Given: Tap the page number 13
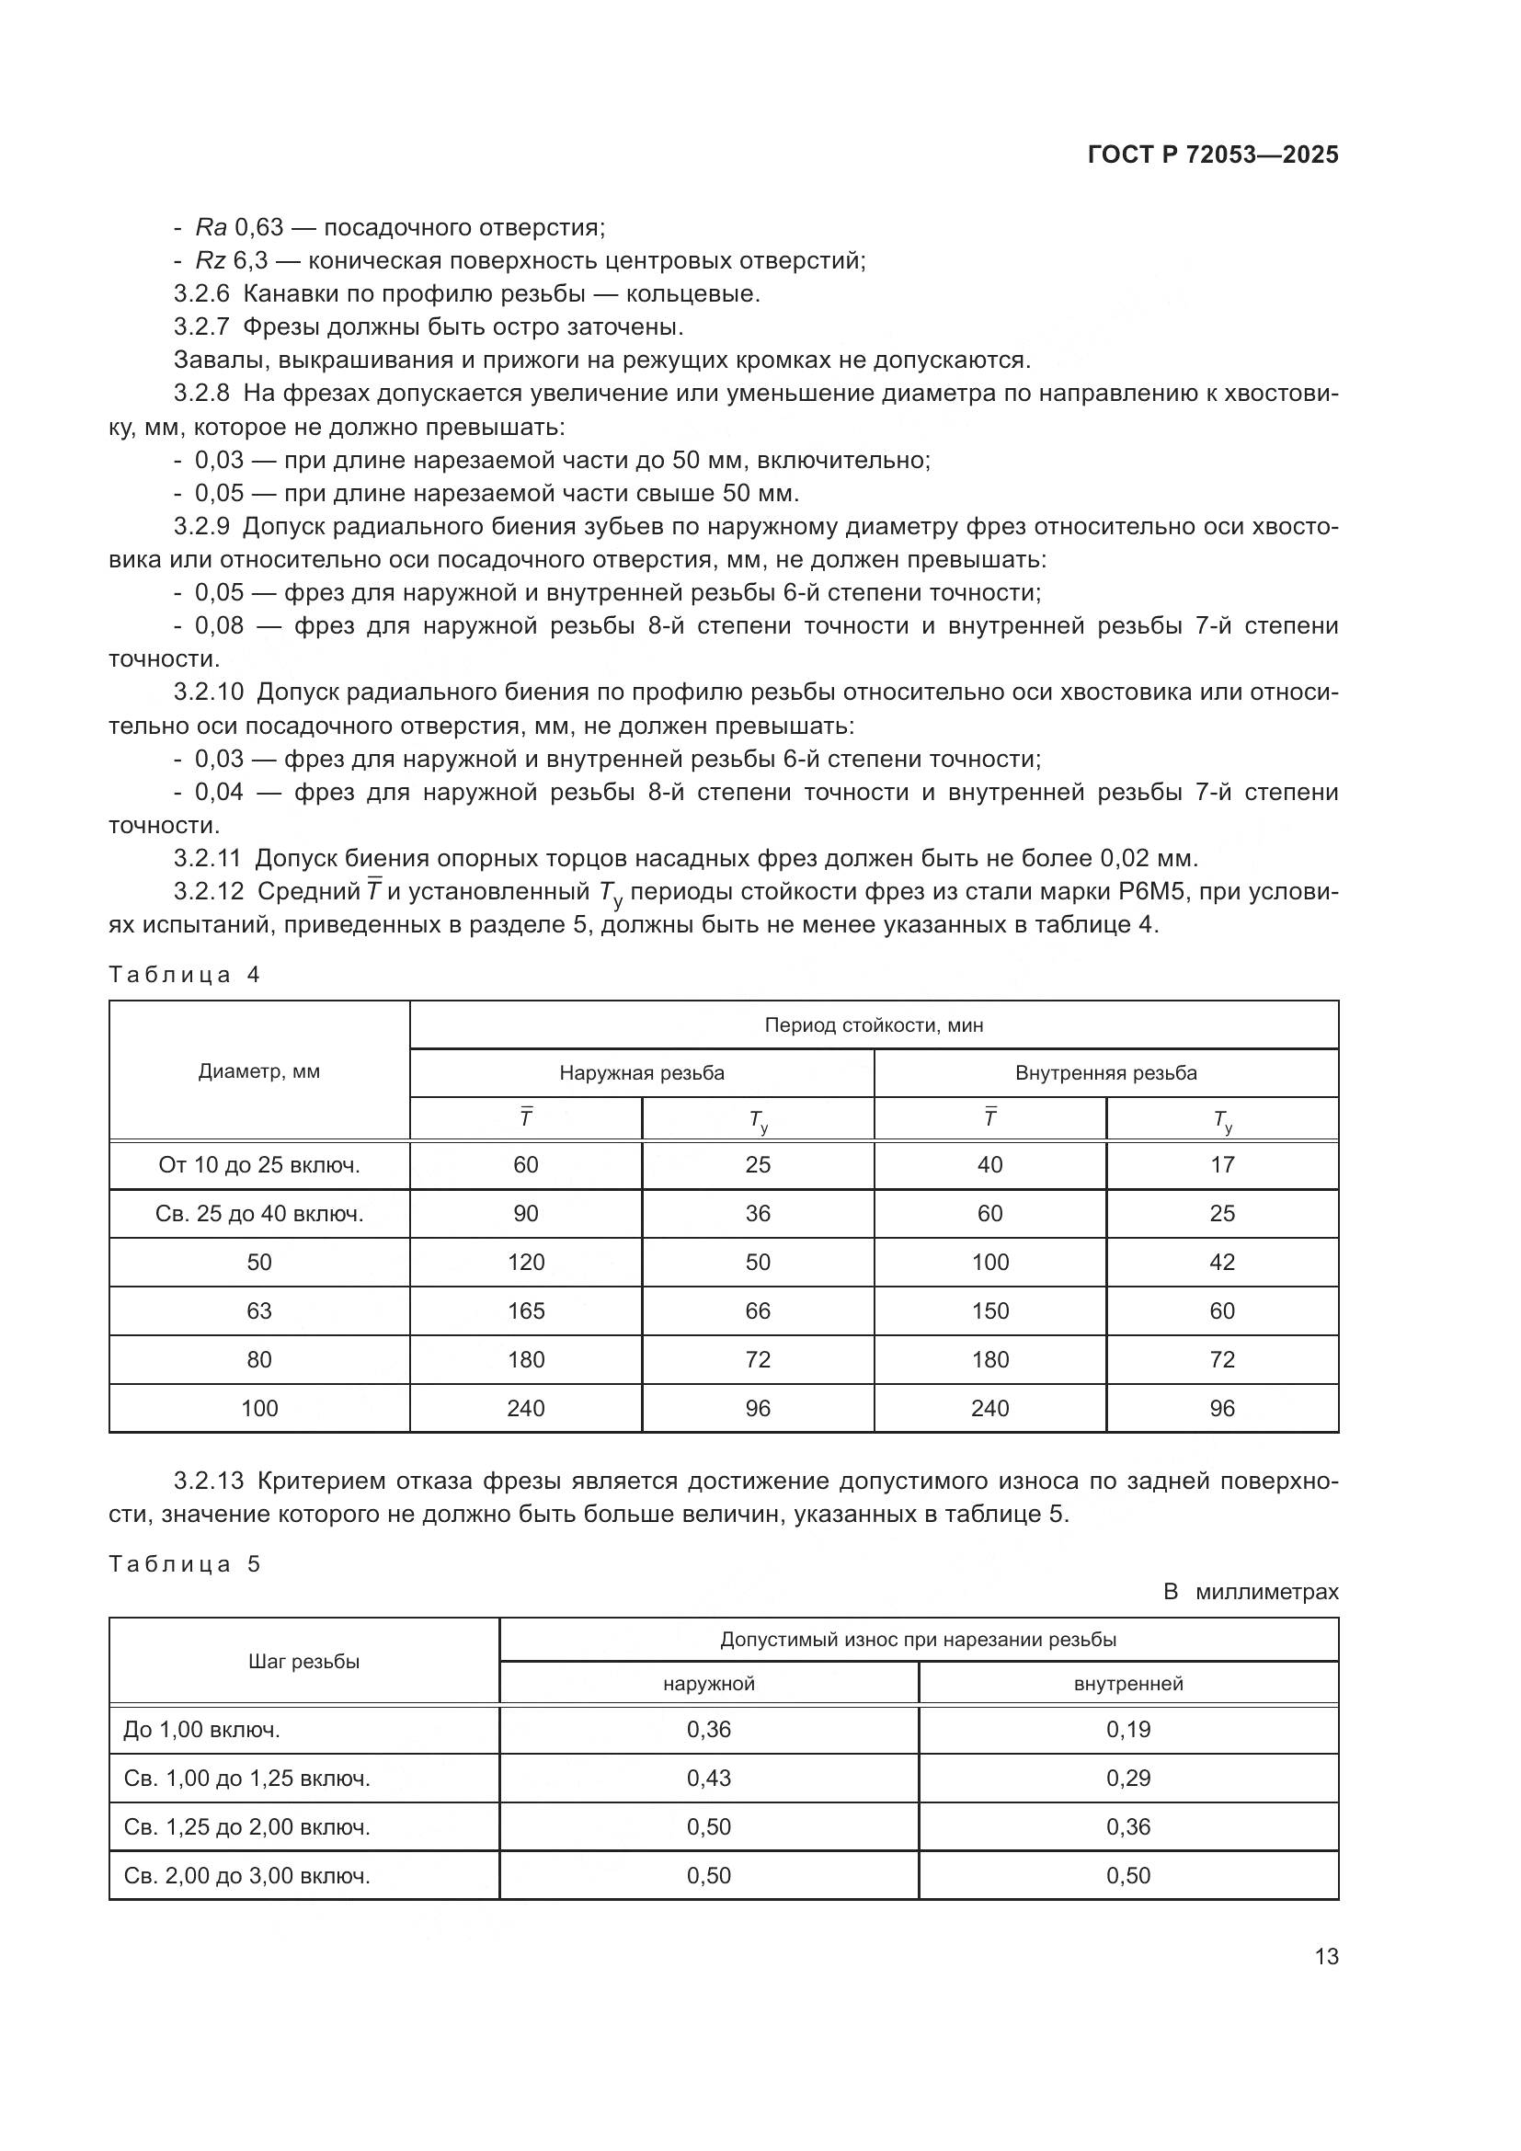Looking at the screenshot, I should (1326, 1956).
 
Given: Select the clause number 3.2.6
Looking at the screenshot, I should (200, 294).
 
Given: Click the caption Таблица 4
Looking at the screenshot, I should (185, 974).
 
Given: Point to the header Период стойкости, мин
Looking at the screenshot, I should (873, 1024).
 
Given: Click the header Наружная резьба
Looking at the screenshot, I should (642, 1072).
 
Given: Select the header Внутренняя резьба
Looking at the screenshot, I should (1105, 1072).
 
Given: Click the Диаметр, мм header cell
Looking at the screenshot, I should (258, 1070).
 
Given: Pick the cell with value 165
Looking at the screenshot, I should (525, 1310).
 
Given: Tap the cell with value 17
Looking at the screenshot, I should (1221, 1164).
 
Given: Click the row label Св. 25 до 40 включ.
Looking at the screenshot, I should (258, 1214).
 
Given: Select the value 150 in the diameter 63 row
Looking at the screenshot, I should (989, 1310).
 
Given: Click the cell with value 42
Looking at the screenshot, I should (1221, 1262).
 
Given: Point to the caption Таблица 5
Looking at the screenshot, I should (185, 1563).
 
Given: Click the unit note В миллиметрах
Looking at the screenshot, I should (1251, 1592).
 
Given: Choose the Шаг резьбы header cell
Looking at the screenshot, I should (303, 1661).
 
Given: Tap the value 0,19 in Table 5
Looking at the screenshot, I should (1127, 1730).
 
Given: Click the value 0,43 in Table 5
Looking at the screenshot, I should (708, 1779).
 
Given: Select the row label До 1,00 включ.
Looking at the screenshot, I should (201, 1730).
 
